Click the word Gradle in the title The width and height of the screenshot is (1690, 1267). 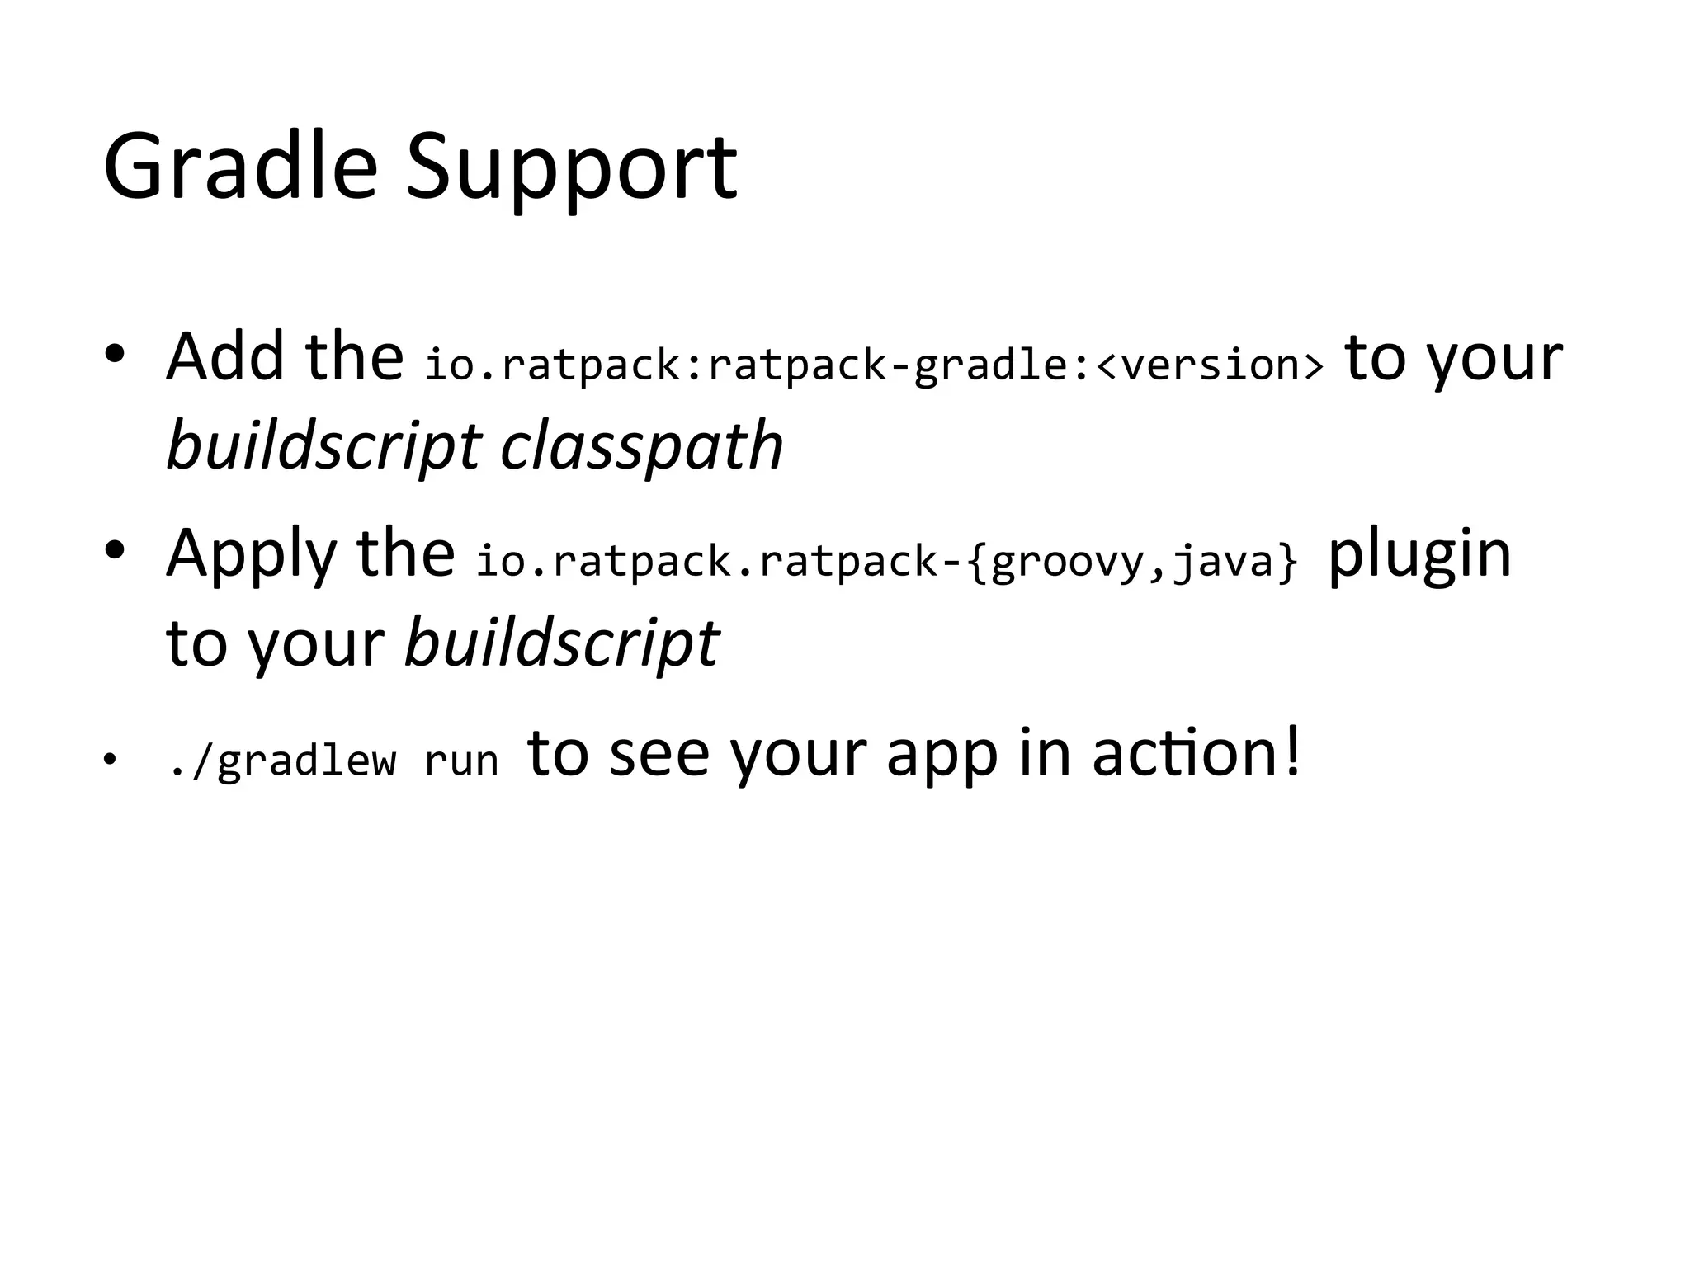[x=240, y=167]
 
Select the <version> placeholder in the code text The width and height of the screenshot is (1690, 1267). [x=1210, y=365]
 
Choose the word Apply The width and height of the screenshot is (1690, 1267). [x=251, y=554]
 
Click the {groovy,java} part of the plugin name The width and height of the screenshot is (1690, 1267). [x=1133, y=562]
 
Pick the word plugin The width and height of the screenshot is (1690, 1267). [x=1419, y=554]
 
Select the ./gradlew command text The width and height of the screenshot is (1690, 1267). [x=281, y=761]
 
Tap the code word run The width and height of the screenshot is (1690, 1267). [x=461, y=761]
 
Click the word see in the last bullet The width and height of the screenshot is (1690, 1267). [x=659, y=753]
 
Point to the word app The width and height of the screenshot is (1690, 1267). [x=942, y=755]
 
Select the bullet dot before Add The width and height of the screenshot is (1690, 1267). [x=115, y=355]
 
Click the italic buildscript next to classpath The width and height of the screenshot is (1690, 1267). [x=323, y=447]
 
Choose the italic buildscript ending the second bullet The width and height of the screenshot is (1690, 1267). [x=561, y=643]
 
